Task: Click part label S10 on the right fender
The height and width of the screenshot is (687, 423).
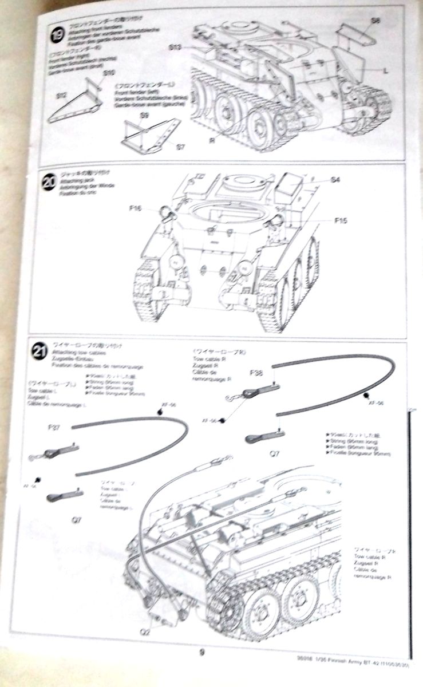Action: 109,73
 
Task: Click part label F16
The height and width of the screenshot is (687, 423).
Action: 136,209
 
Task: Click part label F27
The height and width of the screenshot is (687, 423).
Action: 54,427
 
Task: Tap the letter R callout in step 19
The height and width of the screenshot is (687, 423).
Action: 212,139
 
